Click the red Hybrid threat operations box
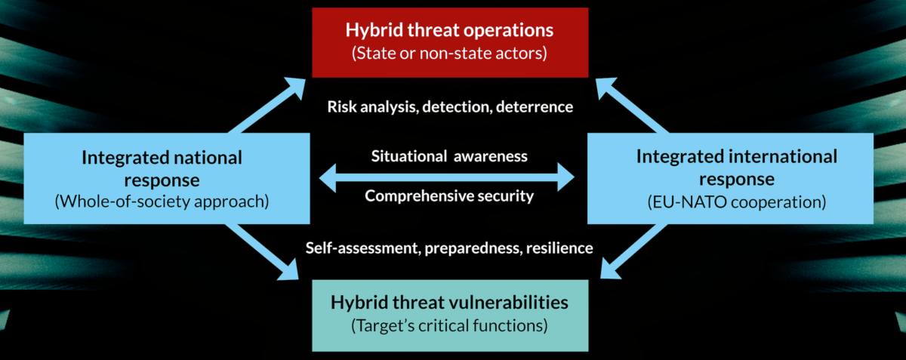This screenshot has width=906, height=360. tap(450, 42)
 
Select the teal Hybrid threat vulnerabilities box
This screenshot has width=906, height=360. tap(450, 315)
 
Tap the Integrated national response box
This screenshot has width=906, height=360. tap(167, 178)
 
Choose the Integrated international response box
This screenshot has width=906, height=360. tap(731, 178)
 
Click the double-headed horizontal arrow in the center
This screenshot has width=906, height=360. tap(447, 177)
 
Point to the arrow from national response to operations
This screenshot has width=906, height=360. tap(267, 105)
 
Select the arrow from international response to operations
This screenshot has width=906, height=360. tap(632, 105)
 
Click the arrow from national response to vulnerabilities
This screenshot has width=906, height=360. tap(262, 251)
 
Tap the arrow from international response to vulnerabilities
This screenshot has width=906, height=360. tap(633, 251)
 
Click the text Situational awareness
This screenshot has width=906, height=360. tap(449, 156)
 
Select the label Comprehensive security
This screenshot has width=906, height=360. tap(449, 195)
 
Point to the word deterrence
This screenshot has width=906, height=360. tap(535, 106)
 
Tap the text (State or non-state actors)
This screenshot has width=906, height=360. tap(449, 54)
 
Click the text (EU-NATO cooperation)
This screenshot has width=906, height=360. tap(737, 202)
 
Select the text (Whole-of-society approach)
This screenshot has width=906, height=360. tap(162, 202)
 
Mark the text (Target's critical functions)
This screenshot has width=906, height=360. tap(449, 325)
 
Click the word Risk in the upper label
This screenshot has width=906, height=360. tap(342, 106)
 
